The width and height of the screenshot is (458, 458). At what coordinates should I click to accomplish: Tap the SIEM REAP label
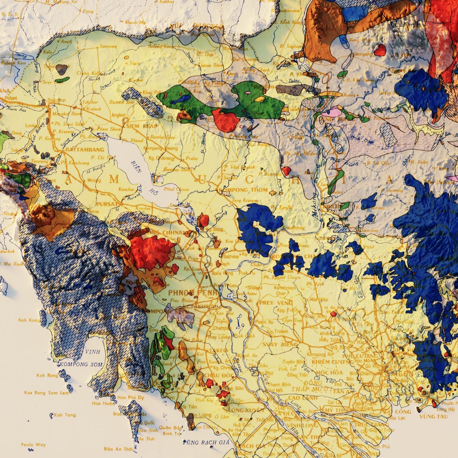click(x=142, y=126)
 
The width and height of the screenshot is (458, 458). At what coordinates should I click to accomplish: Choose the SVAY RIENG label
click(x=280, y=345)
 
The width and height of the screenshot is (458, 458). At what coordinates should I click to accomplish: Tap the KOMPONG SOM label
click(x=81, y=364)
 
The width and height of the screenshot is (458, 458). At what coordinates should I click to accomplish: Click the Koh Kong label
click(x=29, y=320)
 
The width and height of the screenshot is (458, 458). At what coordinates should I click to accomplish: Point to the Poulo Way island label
click(x=33, y=445)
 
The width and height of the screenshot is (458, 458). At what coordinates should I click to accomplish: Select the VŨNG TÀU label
click(x=433, y=416)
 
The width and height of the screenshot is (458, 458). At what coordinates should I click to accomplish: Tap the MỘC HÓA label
click(x=329, y=372)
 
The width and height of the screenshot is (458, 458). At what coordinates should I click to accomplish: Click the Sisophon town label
click(x=56, y=100)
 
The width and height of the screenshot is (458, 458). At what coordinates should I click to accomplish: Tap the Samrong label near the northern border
click(x=108, y=46)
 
